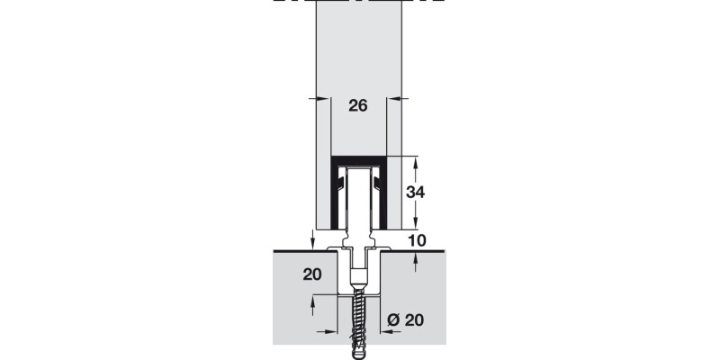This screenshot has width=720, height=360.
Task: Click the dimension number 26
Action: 357,106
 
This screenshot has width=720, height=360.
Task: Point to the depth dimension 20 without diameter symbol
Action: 311,274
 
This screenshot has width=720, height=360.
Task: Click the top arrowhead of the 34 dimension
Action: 416,161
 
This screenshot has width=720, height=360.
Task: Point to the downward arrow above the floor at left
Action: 312,241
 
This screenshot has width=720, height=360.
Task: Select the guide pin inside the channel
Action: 360,202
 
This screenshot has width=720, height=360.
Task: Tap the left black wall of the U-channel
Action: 334,198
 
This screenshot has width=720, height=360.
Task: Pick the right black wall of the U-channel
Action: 385,198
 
